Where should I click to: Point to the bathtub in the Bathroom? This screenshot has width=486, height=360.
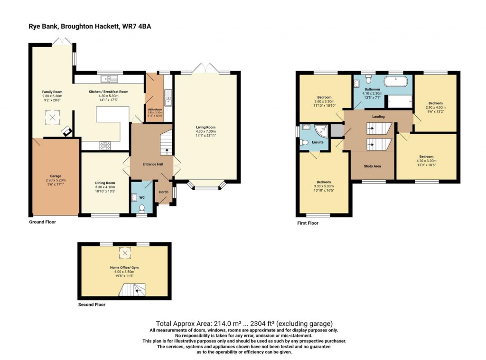click(395, 82)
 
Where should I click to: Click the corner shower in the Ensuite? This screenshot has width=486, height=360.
click(321, 129)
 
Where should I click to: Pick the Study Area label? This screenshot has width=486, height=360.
click(372, 166)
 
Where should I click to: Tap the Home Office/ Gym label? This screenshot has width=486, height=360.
click(124, 268)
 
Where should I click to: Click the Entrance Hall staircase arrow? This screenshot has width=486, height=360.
click(166, 151)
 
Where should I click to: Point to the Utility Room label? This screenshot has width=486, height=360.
click(155, 110)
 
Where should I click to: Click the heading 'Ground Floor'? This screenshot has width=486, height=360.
click(42, 222)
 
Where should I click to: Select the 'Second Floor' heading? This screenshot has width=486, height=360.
click(92, 305)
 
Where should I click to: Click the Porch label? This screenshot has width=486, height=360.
click(164, 192)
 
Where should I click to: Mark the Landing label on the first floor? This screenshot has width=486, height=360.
click(378, 117)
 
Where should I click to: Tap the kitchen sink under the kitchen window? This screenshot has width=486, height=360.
click(108, 79)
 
